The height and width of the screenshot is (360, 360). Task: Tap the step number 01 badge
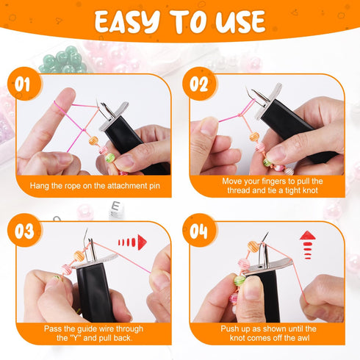pyautogui.click(x=24, y=84)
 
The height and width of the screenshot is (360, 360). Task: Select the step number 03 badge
pyautogui.click(x=24, y=231)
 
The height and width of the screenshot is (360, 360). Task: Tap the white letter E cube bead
pyautogui.click(x=115, y=212)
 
